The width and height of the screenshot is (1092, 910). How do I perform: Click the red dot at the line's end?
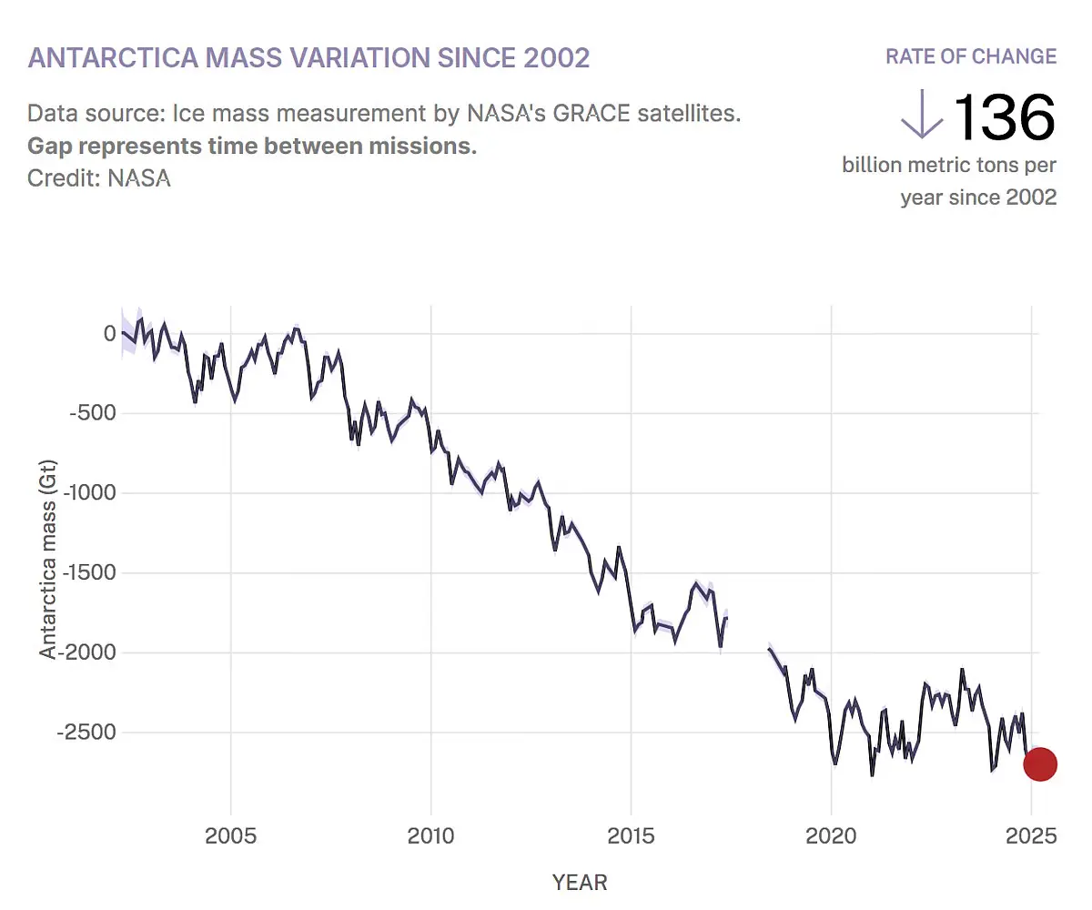[1040, 764]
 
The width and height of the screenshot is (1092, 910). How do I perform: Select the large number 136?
[1004, 117]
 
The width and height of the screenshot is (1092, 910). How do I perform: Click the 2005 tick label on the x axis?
[231, 836]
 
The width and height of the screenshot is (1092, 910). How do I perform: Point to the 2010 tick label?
[430, 836]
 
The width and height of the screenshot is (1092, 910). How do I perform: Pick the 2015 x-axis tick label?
[631, 836]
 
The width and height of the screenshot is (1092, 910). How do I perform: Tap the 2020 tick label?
[831, 836]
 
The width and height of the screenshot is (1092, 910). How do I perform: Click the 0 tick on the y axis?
[109, 334]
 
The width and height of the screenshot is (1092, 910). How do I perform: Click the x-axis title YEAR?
[580, 882]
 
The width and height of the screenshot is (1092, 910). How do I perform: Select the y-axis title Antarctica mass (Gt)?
[48, 558]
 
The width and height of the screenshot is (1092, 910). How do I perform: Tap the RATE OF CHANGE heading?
[971, 56]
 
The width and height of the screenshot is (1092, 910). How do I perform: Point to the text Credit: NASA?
[99, 177]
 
